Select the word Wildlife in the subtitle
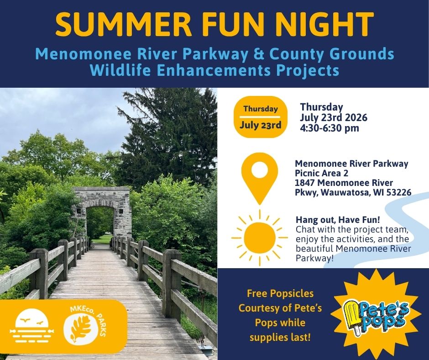(120, 70)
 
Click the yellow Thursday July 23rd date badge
(261, 117)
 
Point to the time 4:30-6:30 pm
(330, 128)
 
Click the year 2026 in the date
(356, 117)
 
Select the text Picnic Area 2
(321, 174)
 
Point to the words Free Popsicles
(280, 293)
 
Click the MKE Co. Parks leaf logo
(84, 325)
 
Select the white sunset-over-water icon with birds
(32, 326)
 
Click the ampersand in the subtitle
(259, 54)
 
